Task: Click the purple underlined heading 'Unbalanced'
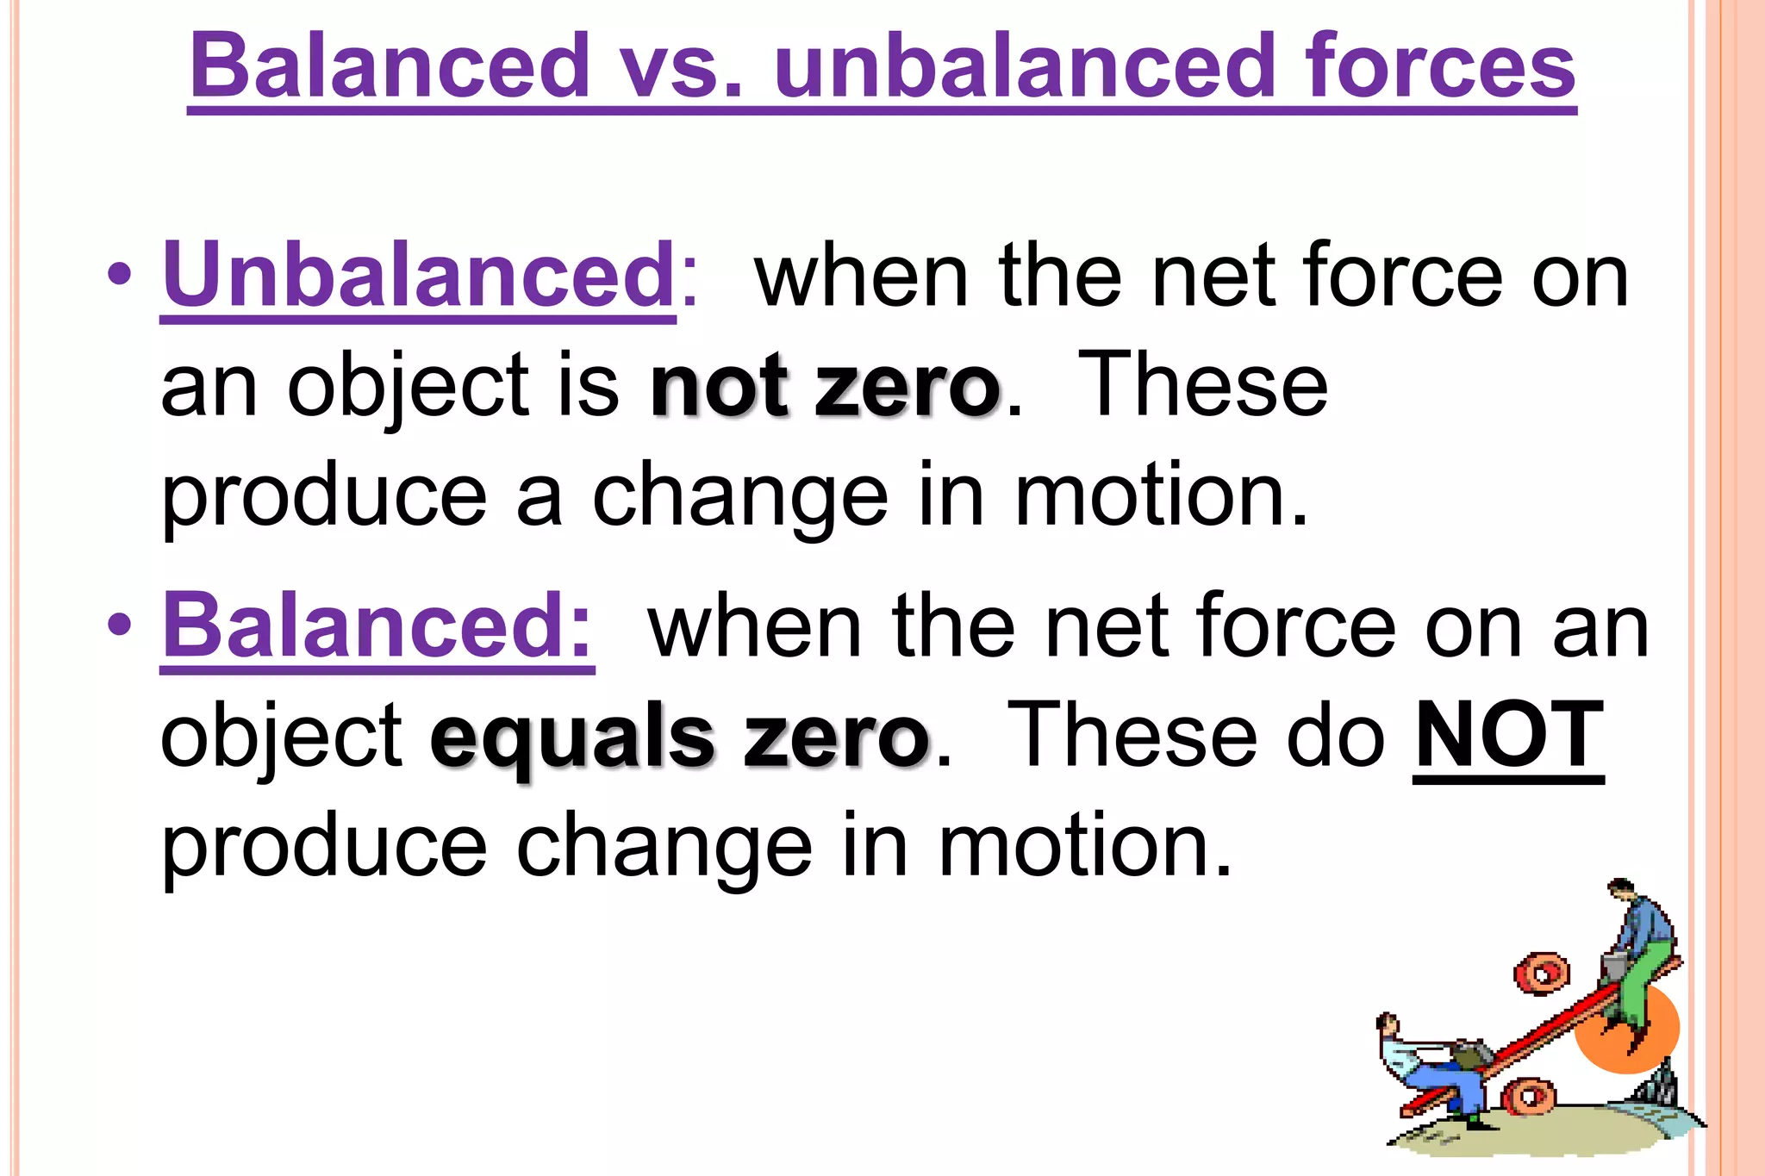point(419,274)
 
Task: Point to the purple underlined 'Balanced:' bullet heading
point(377,625)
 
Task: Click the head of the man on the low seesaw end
point(1387,1024)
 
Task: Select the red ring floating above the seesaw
point(1542,974)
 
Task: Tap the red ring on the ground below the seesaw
point(1529,1097)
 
